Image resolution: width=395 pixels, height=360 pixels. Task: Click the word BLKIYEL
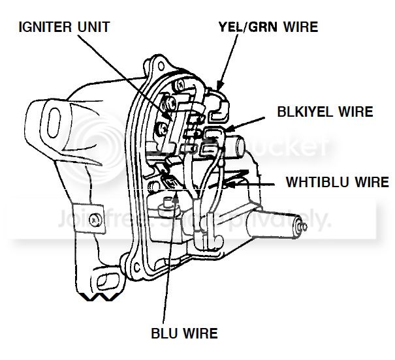[295, 112]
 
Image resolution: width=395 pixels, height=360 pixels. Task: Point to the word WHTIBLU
[315, 182]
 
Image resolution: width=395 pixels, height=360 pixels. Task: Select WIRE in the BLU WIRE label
[202, 335]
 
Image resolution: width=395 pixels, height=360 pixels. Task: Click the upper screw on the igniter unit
[170, 103]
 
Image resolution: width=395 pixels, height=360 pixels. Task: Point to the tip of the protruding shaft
[302, 226]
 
